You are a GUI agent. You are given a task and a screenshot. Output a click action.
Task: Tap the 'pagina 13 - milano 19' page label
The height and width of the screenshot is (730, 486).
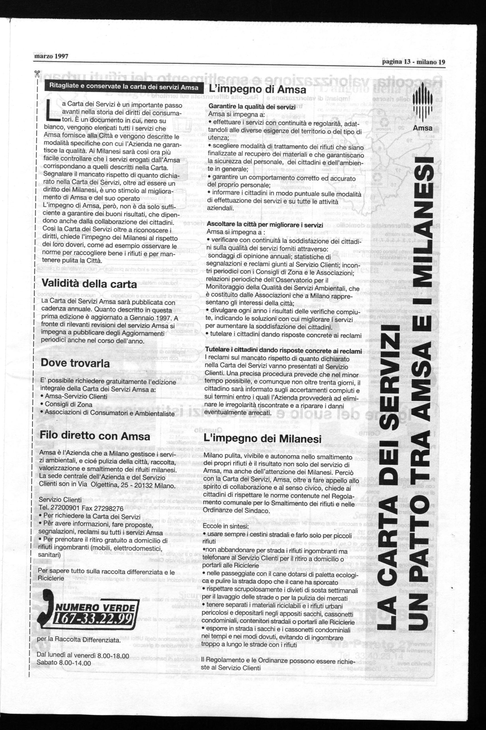[x=413, y=62]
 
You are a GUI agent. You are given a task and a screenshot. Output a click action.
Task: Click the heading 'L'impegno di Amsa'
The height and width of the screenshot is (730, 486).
[x=258, y=90]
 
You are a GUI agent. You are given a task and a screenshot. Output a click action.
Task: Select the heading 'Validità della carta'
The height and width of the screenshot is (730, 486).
[x=89, y=283]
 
